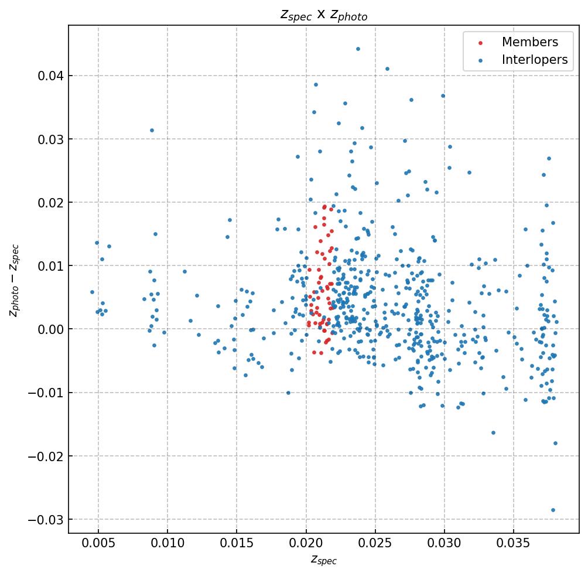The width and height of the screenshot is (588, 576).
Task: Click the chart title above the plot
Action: click(x=324, y=15)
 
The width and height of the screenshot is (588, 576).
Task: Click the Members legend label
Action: click(x=529, y=42)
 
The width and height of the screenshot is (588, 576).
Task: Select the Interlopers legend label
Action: click(x=534, y=60)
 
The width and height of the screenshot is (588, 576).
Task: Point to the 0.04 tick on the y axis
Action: click(x=50, y=76)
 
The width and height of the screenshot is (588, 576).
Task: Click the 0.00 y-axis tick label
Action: click(x=50, y=329)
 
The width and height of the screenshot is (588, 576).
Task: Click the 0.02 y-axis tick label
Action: click(x=50, y=202)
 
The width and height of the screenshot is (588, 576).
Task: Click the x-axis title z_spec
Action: click(x=323, y=561)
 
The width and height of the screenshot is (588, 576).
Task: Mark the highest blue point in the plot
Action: click(x=358, y=49)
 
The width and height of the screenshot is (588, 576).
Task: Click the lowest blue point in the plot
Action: click(x=553, y=510)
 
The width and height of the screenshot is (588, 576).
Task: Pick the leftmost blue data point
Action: click(x=92, y=292)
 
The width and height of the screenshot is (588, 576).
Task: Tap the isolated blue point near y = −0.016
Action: click(x=493, y=432)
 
